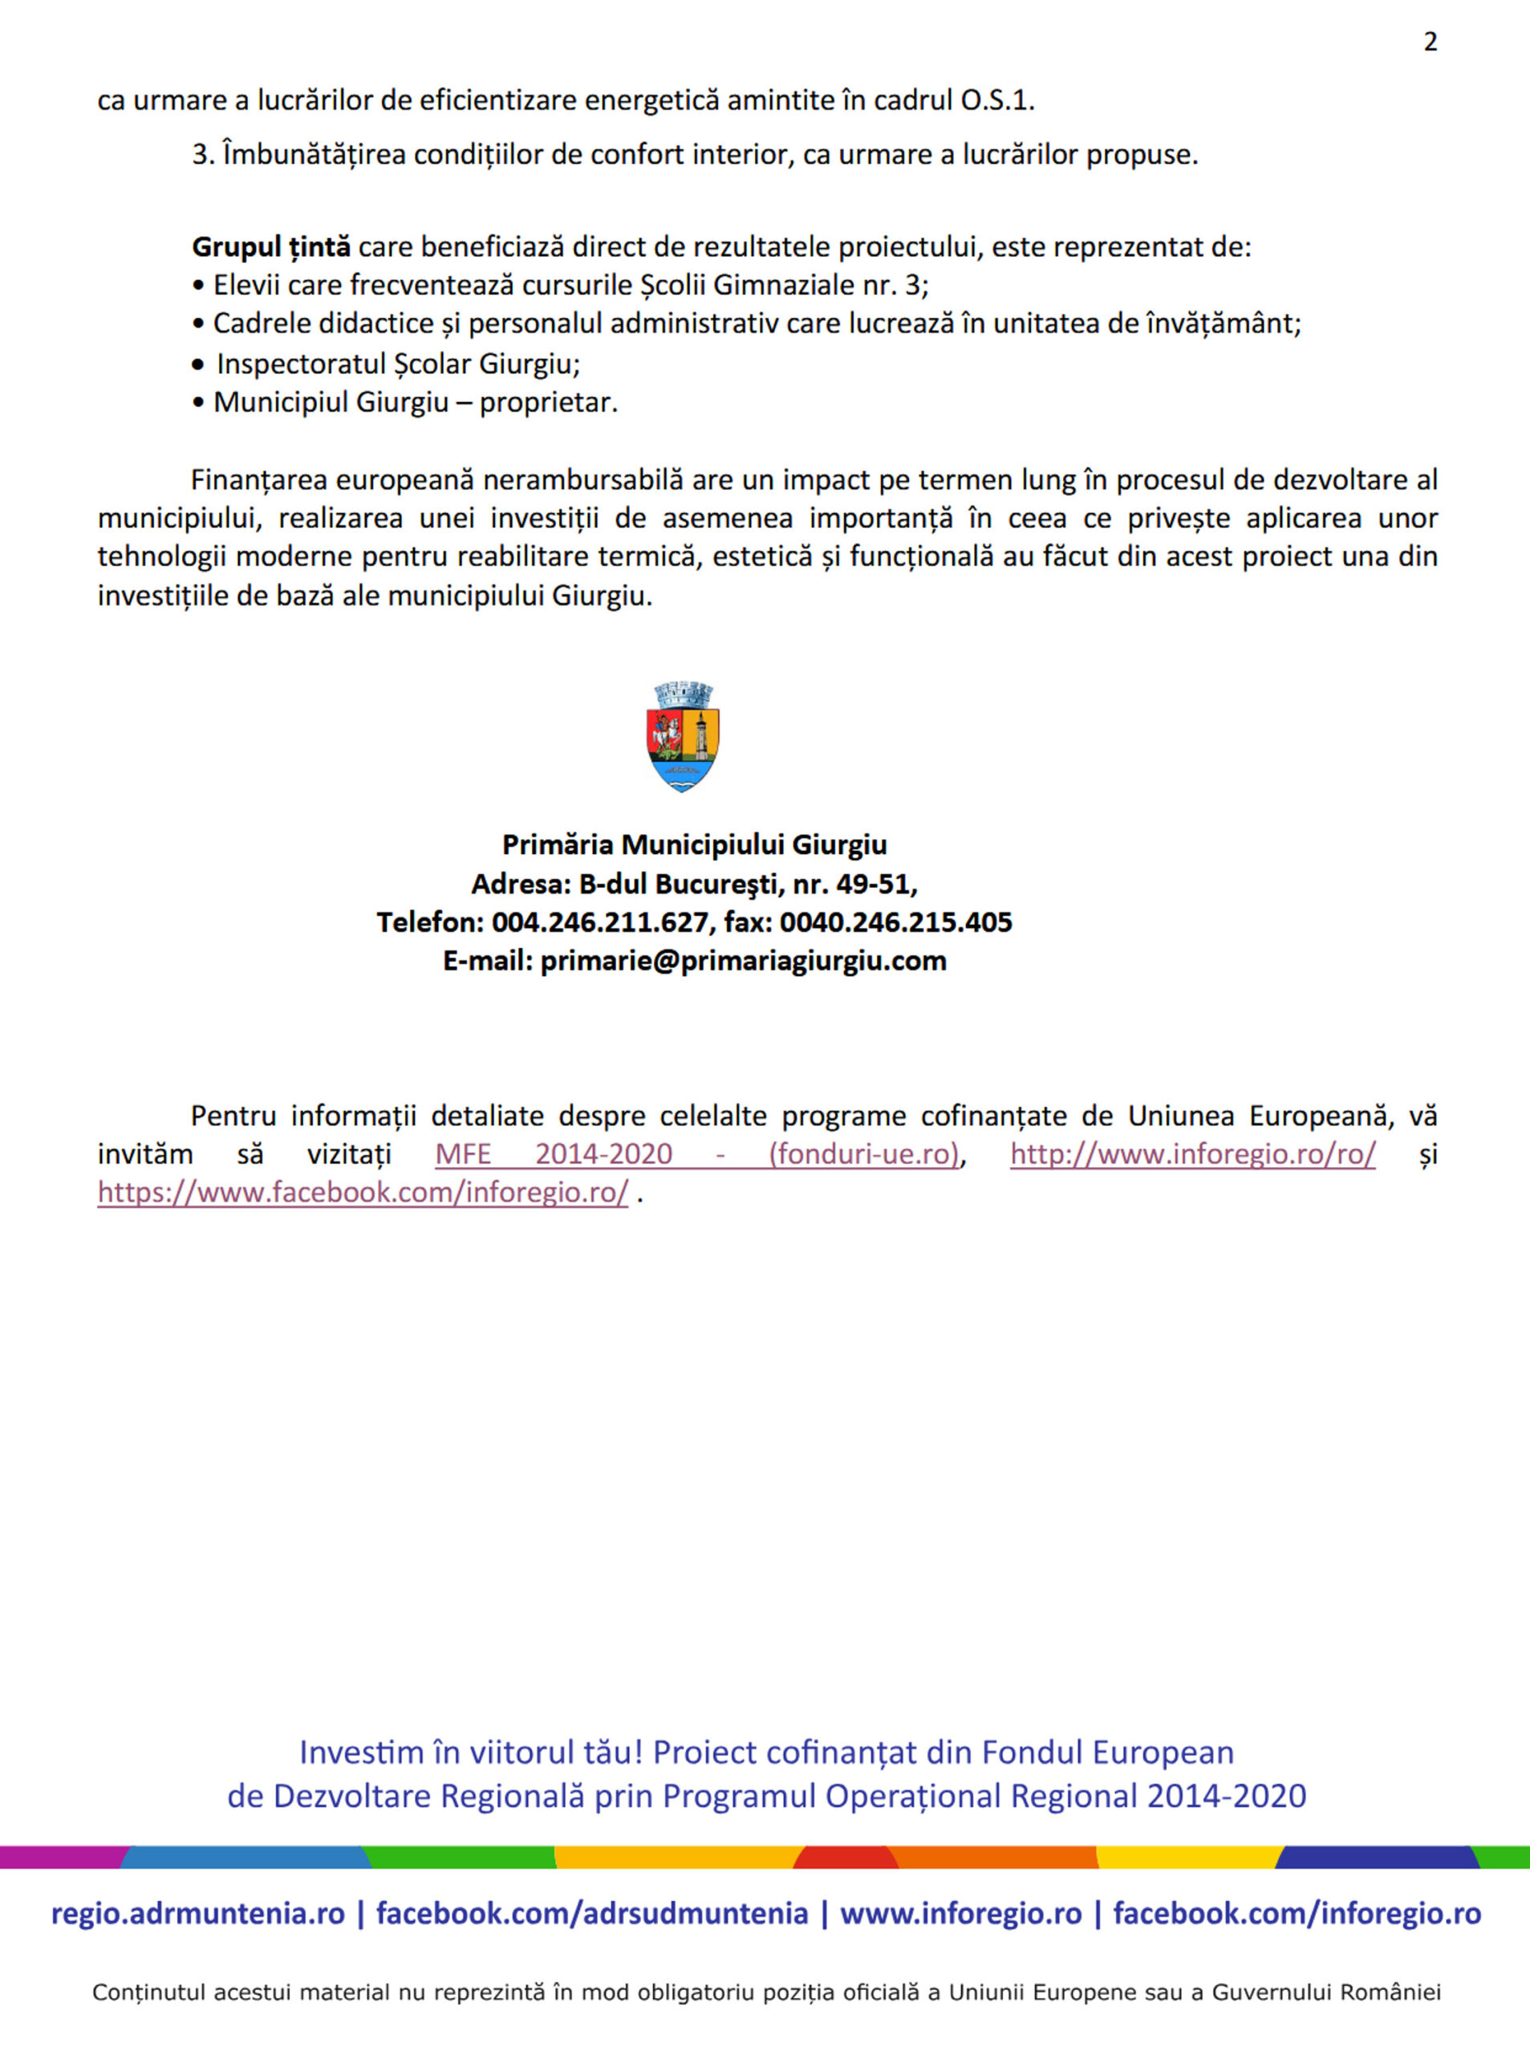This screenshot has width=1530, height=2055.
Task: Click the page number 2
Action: point(1430,42)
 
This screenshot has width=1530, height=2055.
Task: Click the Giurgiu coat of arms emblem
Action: point(683,737)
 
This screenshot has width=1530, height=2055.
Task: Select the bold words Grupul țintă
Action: point(270,247)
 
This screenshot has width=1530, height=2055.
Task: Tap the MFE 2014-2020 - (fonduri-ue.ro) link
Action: point(696,1154)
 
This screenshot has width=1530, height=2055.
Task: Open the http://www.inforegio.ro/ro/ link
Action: point(1192,1154)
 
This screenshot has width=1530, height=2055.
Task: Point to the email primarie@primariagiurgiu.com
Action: point(743,961)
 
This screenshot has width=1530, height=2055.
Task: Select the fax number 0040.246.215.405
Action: point(895,922)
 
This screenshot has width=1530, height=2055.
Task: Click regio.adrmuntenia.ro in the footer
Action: point(197,1913)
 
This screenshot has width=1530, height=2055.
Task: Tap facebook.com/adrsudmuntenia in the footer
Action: point(592,1913)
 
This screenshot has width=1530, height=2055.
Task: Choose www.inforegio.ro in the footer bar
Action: point(960,1913)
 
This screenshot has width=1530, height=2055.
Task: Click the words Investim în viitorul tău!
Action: point(470,1752)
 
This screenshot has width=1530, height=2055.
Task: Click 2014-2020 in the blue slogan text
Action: point(1226,1796)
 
